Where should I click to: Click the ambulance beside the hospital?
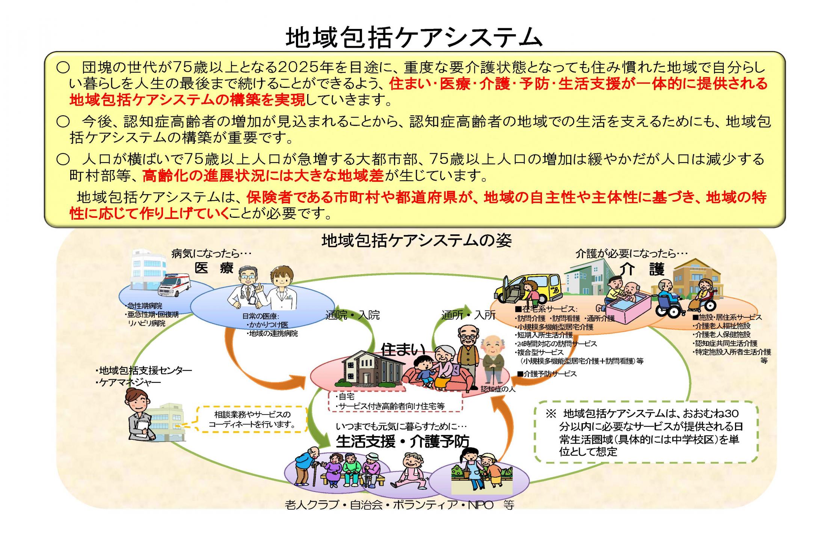point(174,286)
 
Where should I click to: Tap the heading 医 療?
point(214,268)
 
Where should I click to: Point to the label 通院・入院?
point(353,315)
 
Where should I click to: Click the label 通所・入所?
point(468,315)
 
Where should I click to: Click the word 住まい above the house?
point(403,349)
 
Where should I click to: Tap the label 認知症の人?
point(498,389)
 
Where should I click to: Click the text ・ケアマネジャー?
point(128,383)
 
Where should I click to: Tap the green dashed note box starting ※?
point(645,432)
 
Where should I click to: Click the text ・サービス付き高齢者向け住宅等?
point(391,406)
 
